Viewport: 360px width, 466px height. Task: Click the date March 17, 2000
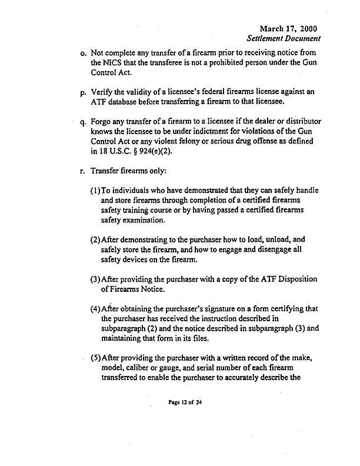point(289,28)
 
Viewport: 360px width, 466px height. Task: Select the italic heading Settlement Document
point(284,39)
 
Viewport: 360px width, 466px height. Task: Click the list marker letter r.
point(84,172)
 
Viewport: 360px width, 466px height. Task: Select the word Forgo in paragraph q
point(102,122)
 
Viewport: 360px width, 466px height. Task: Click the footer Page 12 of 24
point(185,404)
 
